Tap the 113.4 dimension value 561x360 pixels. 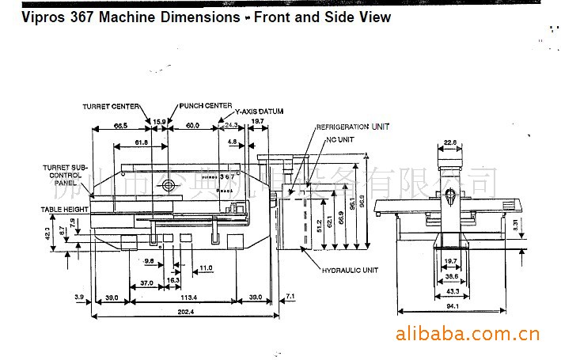[x=188, y=297]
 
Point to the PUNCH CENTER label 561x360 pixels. [x=206, y=105]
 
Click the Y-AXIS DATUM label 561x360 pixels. [x=259, y=112]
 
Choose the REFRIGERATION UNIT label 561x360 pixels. [x=353, y=127]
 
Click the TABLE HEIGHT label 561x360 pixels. [x=64, y=209]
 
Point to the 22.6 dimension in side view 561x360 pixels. [x=450, y=143]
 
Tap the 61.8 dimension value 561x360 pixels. [x=141, y=142]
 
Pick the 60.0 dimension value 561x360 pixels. [x=192, y=126]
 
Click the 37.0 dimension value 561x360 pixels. [x=146, y=282]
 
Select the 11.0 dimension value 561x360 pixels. [x=206, y=268]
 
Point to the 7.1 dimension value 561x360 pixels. [x=290, y=297]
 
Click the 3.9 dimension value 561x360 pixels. [x=79, y=297]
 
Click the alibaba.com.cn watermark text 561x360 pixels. [x=467, y=332]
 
